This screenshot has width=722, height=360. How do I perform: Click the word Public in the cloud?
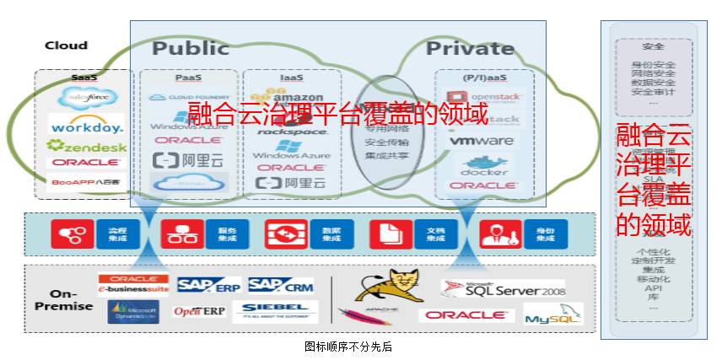tap(190, 48)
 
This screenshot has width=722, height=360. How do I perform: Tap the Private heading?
tap(470, 48)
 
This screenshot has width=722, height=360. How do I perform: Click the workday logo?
tap(87, 126)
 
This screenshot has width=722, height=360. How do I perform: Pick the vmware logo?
tap(482, 141)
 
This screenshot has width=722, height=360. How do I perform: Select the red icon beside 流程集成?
tap(73, 234)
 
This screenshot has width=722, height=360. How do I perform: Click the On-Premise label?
tap(63, 300)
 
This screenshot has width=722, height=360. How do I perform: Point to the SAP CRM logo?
tap(281, 286)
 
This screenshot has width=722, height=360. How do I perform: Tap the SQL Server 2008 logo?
tap(503, 289)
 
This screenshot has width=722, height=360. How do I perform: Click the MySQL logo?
tap(553, 316)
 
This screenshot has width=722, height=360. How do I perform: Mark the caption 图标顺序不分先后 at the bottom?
tap(348, 346)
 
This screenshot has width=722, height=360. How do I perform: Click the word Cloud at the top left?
tap(66, 46)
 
